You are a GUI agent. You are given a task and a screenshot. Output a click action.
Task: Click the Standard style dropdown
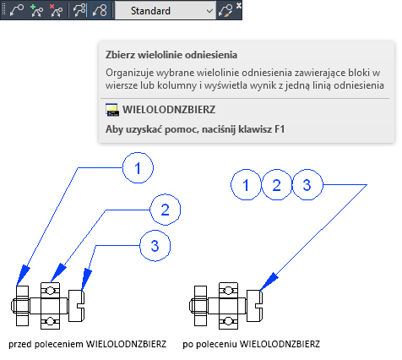point(166,11)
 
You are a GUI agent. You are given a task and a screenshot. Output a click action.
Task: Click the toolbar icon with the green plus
point(36,11)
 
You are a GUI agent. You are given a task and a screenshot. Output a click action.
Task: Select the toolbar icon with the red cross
point(56,11)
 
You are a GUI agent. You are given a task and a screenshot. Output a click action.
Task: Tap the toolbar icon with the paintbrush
point(226,11)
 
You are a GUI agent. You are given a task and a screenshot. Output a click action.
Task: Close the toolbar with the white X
point(239,5)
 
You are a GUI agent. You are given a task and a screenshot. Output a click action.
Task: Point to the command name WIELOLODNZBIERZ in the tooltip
point(169,110)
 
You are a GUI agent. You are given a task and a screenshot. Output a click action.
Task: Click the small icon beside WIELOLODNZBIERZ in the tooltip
point(112,110)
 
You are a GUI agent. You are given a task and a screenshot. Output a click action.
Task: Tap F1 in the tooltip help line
point(280,129)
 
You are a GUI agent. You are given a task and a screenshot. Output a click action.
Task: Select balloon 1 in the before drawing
point(138,168)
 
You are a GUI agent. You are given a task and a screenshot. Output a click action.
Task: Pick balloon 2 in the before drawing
point(165,210)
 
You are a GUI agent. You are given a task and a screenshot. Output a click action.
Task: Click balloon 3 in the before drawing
point(155,246)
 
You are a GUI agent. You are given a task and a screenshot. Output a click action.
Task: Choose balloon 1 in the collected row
point(246,185)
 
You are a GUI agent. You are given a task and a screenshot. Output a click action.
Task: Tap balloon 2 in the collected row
point(276,185)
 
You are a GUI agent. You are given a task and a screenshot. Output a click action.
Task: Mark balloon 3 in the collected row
point(307,185)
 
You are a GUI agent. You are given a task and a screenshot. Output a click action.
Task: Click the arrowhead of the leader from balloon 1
point(23,275)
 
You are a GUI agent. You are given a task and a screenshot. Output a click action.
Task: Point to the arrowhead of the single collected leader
point(269,281)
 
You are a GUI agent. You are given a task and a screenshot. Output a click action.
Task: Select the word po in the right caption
point(187,344)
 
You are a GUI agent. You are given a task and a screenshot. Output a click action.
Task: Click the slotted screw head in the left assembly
point(76,306)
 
